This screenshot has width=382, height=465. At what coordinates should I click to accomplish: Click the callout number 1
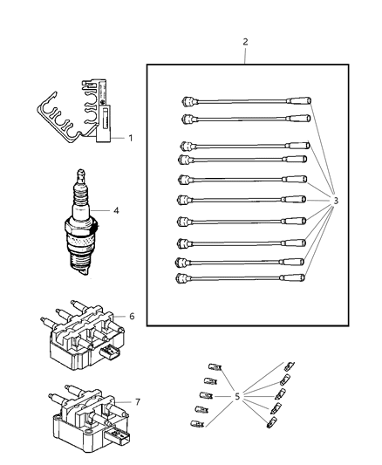[131, 138]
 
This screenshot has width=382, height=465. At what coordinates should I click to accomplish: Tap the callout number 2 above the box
[245, 42]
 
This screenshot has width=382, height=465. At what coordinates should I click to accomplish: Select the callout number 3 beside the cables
[336, 202]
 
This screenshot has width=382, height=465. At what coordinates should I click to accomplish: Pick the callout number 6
[132, 316]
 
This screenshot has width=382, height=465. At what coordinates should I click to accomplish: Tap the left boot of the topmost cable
[187, 100]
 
